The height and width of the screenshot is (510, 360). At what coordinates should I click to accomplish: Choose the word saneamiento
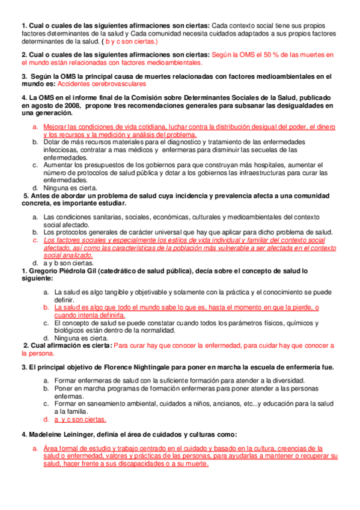103,404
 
